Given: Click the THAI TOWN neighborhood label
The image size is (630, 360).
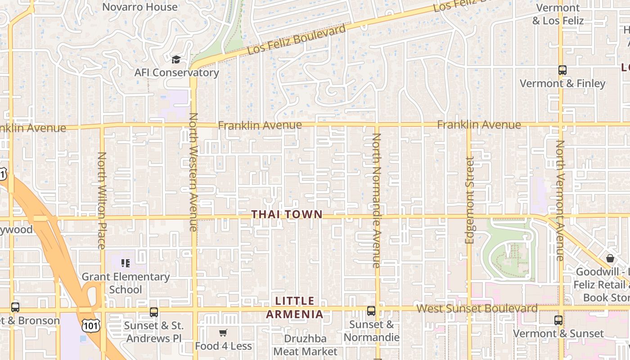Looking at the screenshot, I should click(x=287, y=215).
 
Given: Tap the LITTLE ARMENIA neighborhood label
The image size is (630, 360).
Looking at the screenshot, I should click(x=295, y=307).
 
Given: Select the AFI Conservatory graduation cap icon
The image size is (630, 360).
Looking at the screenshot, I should click(x=176, y=59).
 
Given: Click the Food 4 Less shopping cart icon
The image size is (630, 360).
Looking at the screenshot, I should click(x=223, y=333).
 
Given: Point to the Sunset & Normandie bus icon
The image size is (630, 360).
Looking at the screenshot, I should click(x=371, y=310).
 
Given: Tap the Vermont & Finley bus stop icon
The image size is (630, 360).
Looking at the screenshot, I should click(x=562, y=70).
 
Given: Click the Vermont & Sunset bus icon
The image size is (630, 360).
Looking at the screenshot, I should click(x=558, y=320).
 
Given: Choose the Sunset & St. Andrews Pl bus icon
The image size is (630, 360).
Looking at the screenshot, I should click(x=154, y=312).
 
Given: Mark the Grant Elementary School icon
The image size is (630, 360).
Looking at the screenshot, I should click(x=126, y=263).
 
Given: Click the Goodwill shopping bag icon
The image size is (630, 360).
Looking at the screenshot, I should click(x=610, y=258).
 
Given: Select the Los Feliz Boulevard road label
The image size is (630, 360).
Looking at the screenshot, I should click(x=297, y=39).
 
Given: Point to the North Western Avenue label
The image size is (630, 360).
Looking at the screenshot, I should click(x=193, y=172).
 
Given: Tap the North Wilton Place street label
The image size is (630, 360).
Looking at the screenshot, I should click(x=102, y=200).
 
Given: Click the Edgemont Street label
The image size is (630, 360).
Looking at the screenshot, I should click(x=470, y=200).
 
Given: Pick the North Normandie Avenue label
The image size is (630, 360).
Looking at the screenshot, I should click(x=376, y=200).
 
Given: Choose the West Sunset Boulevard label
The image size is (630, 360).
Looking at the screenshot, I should click(x=477, y=309).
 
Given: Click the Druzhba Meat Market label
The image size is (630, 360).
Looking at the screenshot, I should click(x=305, y=345).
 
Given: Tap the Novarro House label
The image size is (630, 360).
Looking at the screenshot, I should click(x=140, y=7).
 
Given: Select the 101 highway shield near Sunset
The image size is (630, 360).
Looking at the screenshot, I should click(x=88, y=324).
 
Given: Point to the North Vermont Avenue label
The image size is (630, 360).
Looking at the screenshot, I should click(x=560, y=200).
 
